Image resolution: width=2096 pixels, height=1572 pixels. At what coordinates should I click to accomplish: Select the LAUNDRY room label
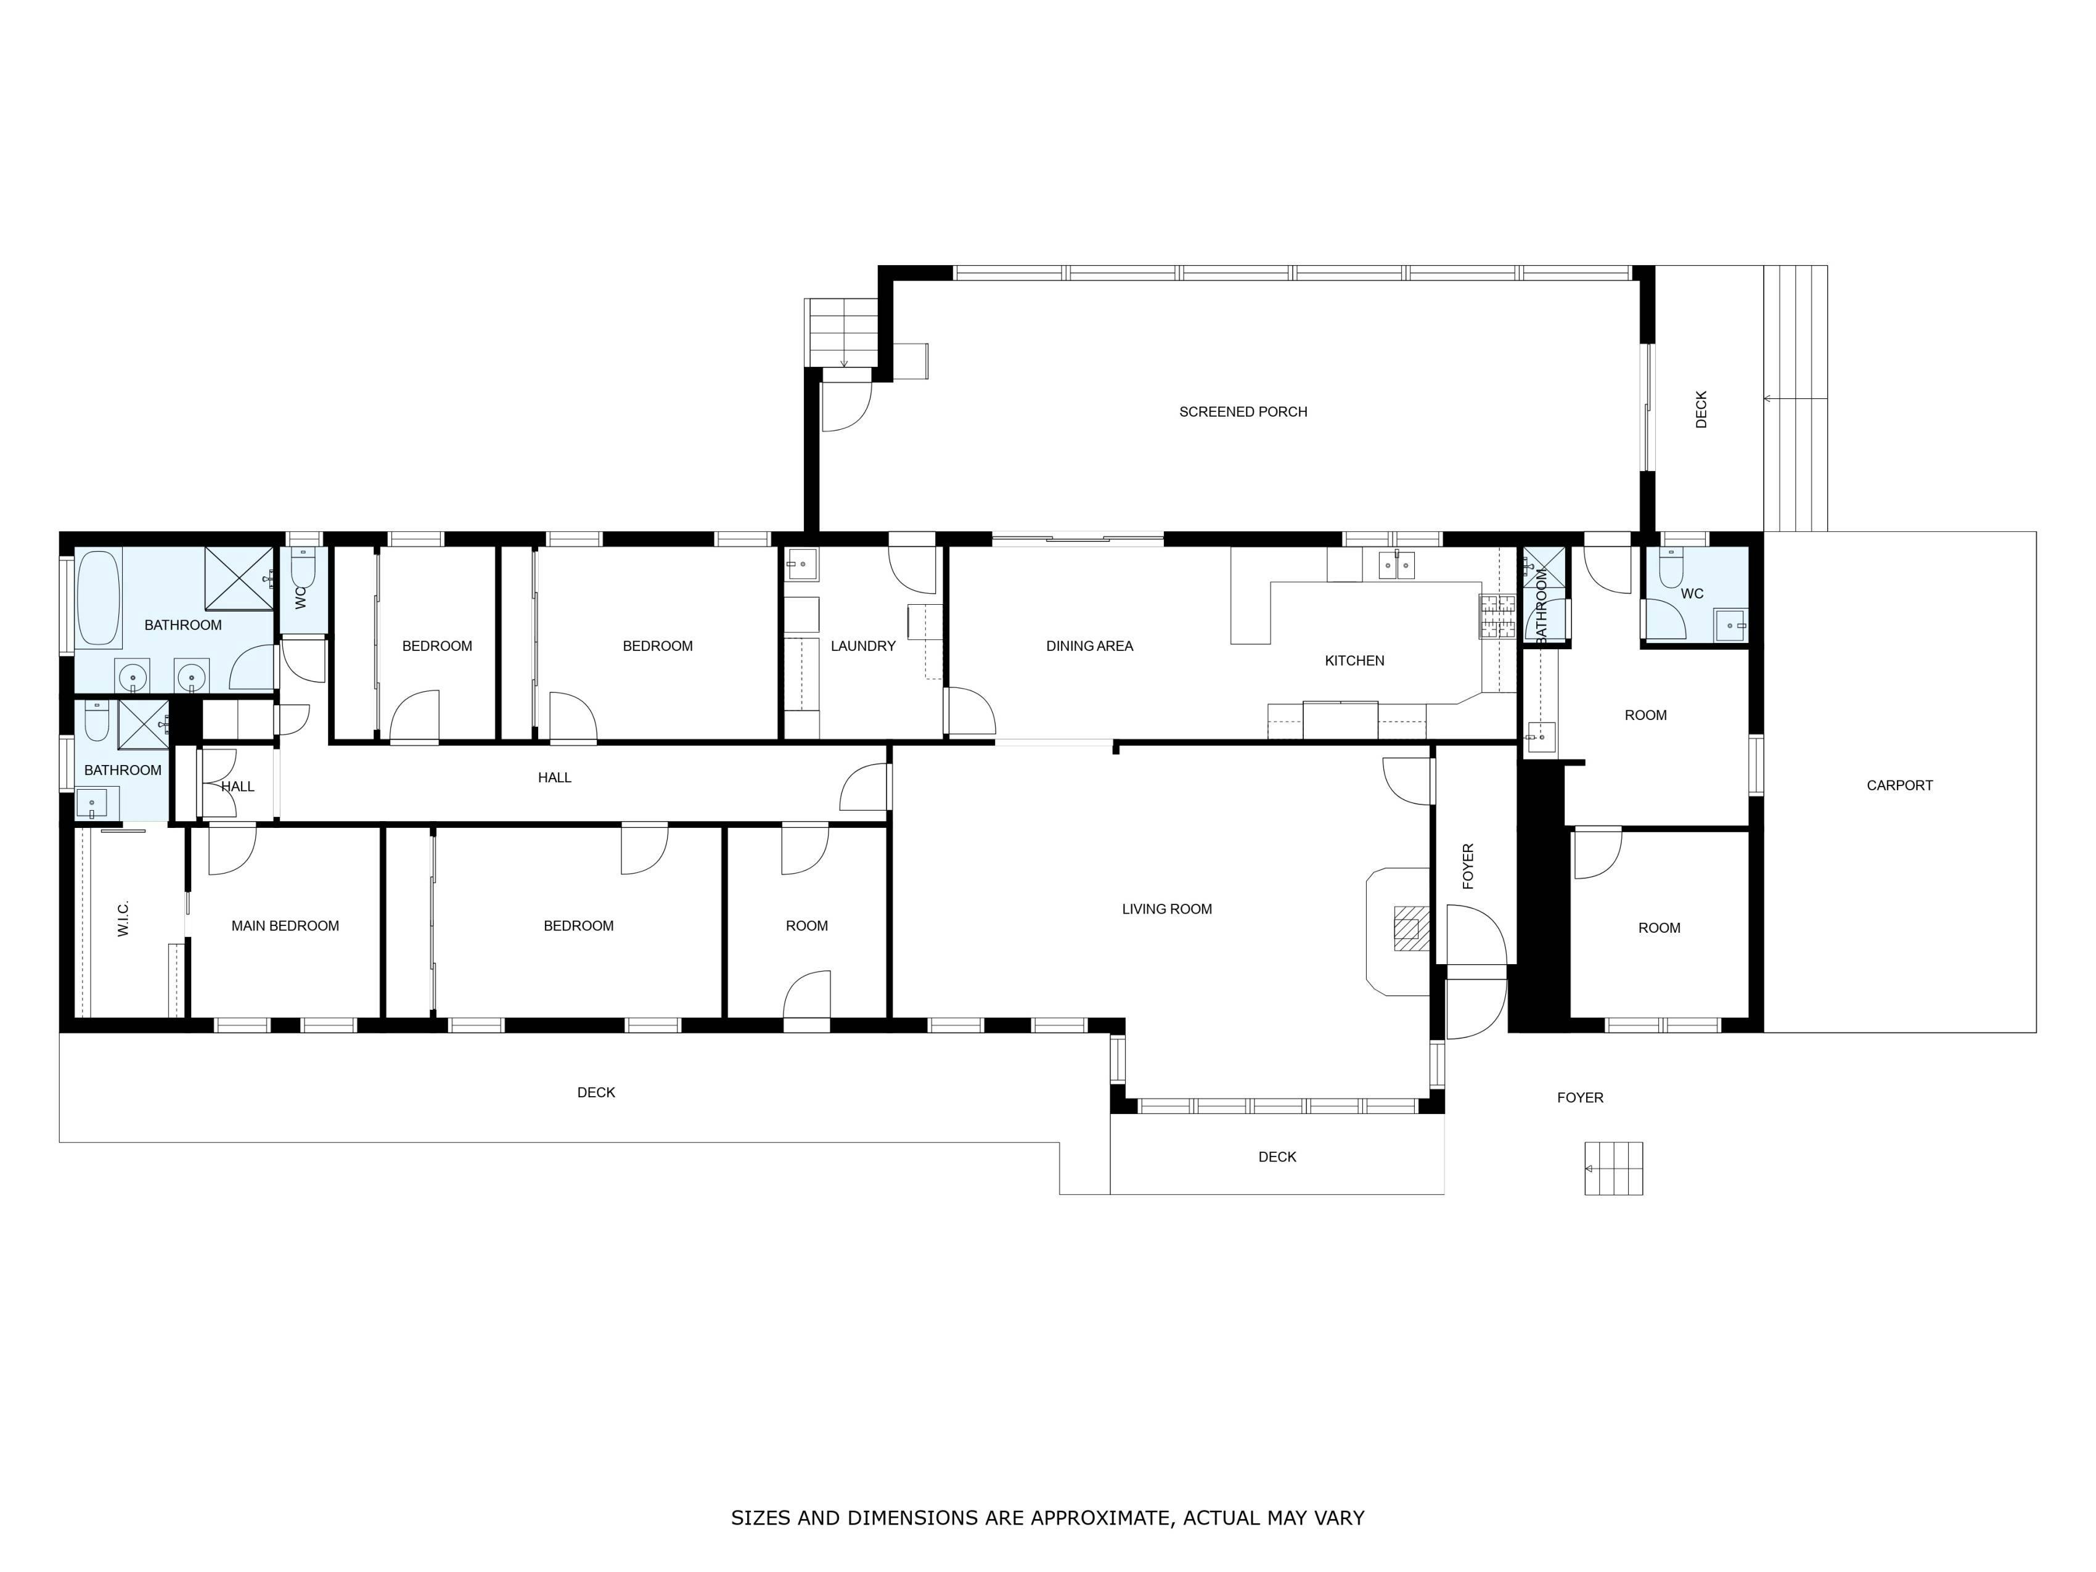pyautogui.click(x=862, y=646)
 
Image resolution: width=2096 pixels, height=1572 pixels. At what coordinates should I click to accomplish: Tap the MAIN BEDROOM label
pyautogui.click(x=285, y=927)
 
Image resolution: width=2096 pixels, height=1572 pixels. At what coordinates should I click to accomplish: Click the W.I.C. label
pyautogui.click(x=123, y=919)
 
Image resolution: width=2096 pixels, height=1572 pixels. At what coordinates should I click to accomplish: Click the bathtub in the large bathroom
pyautogui.click(x=99, y=598)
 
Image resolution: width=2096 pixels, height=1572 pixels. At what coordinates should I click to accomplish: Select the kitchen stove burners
pyautogui.click(x=1497, y=616)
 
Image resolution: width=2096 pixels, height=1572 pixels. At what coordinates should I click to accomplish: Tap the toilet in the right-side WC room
pyautogui.click(x=1671, y=570)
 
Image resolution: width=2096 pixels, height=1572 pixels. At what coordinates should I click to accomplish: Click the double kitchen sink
pyautogui.click(x=1397, y=567)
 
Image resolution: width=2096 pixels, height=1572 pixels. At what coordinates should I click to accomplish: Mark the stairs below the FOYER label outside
pyautogui.click(x=1614, y=1168)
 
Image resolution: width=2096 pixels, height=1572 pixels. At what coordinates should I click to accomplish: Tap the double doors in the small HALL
pyautogui.click(x=219, y=784)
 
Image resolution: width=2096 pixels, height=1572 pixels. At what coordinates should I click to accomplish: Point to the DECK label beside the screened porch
pyautogui.click(x=1701, y=409)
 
